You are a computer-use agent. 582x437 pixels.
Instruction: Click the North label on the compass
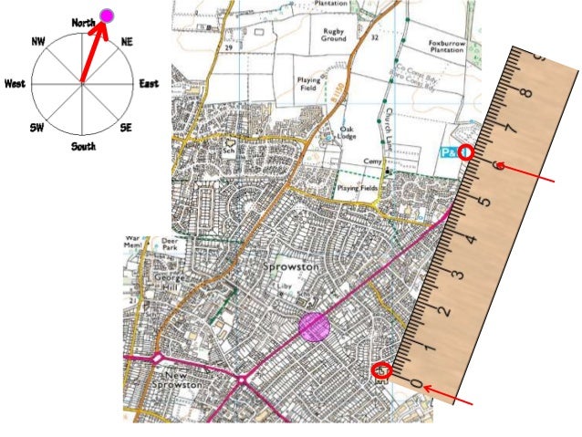pyautogui.click(x=83, y=23)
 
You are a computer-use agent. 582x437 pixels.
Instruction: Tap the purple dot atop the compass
pyautogui.click(x=107, y=15)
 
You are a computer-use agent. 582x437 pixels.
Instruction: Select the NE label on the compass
pyautogui.click(x=127, y=42)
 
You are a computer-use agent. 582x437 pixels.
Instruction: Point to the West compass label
pyautogui.click(x=15, y=83)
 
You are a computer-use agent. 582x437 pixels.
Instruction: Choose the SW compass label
pyautogui.click(x=37, y=127)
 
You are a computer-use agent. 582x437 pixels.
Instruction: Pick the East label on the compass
pyautogui.click(x=149, y=83)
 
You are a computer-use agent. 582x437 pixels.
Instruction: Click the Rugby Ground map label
pyautogui.click(x=327, y=36)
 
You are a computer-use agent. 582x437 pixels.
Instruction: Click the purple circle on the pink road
pyautogui.click(x=314, y=326)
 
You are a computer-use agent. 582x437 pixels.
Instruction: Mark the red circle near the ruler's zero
pyautogui.click(x=383, y=370)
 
